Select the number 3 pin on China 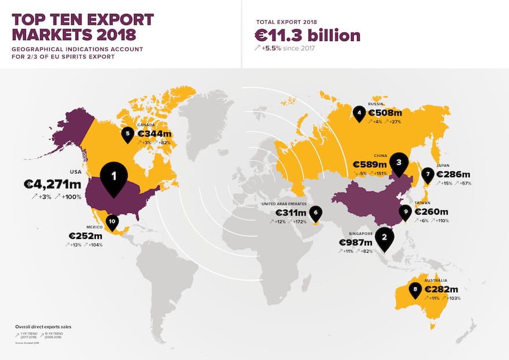coord(399,163)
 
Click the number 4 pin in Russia coord(359,113)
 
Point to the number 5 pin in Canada coord(127,134)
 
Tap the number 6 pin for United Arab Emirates coord(315,213)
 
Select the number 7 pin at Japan coord(427,174)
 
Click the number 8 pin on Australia coord(414,289)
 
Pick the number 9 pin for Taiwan coord(406,212)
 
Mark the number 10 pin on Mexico coord(112,221)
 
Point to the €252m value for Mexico coord(85,236)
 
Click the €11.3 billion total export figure coord(308,35)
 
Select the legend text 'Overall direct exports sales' coord(43,327)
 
